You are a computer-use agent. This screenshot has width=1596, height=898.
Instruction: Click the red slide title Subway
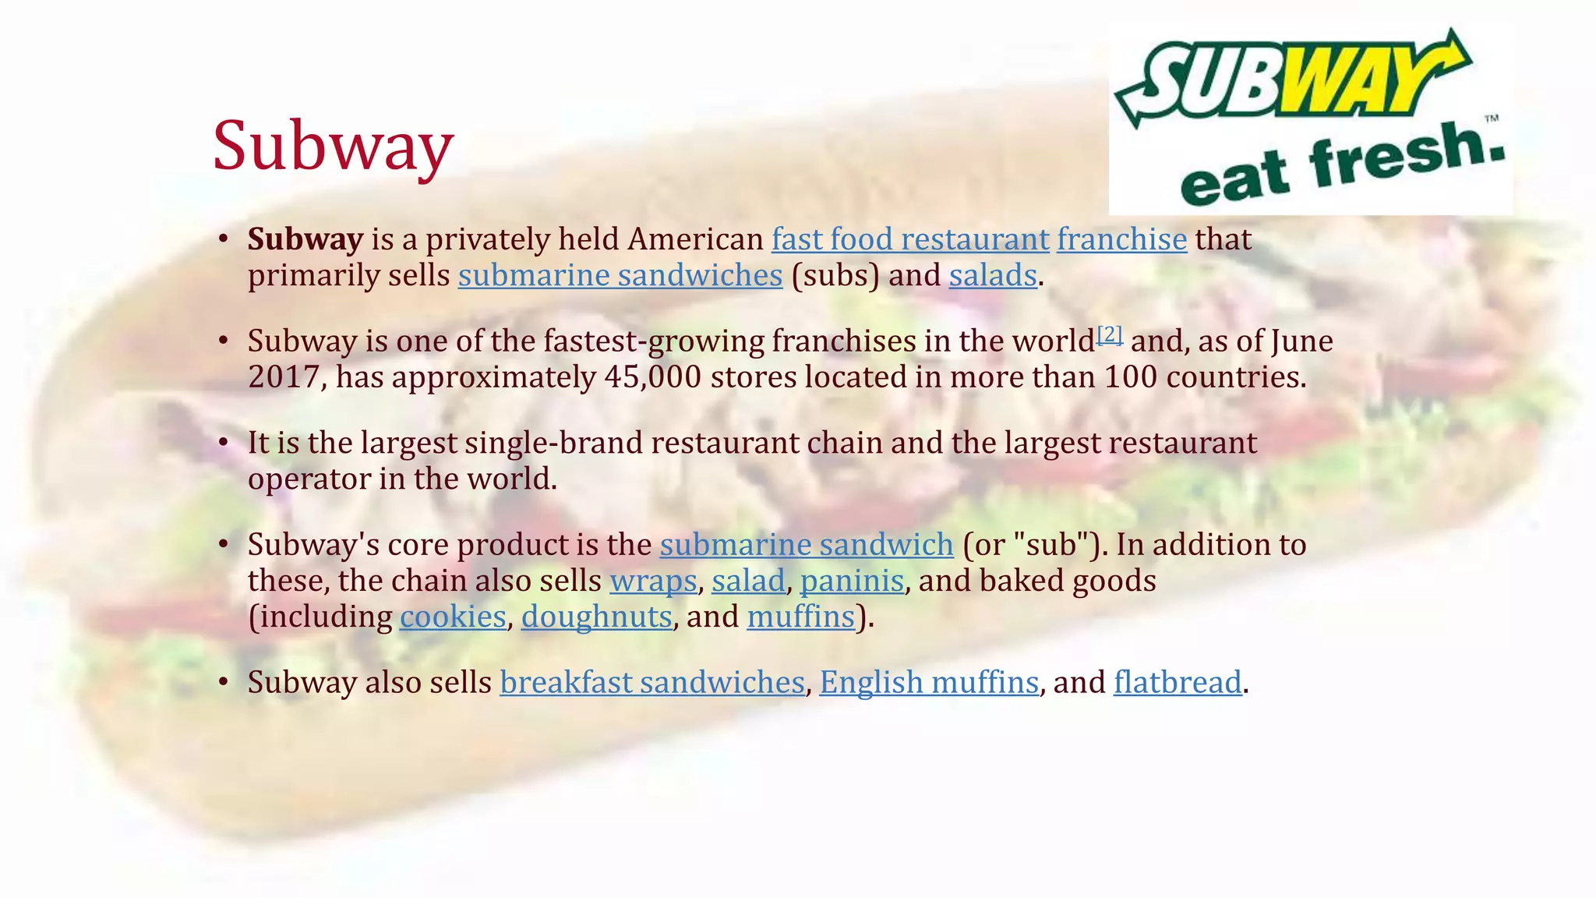click(333, 146)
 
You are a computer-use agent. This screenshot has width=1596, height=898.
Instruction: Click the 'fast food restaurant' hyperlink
click(910, 239)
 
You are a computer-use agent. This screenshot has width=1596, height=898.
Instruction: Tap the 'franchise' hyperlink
click(1121, 239)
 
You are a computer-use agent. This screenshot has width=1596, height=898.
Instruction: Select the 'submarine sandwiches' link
click(620, 275)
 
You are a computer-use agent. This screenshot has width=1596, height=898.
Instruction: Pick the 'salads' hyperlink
click(993, 275)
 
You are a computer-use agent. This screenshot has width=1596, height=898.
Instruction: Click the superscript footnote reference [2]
click(1110, 334)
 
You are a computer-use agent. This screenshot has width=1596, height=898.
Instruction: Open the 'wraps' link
click(653, 581)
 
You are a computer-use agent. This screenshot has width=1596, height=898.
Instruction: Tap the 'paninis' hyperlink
click(852, 581)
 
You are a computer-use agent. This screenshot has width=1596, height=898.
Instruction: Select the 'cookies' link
click(453, 617)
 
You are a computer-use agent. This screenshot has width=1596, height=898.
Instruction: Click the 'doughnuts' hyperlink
click(596, 617)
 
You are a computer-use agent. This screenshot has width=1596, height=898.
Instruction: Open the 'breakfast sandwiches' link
click(651, 683)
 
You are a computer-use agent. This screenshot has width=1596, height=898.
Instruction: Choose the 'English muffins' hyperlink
click(929, 683)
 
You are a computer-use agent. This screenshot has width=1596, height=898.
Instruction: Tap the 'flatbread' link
click(1178, 683)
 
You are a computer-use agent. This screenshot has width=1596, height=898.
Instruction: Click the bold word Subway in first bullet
click(305, 239)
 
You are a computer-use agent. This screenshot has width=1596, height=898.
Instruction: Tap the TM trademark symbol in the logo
click(1491, 118)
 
